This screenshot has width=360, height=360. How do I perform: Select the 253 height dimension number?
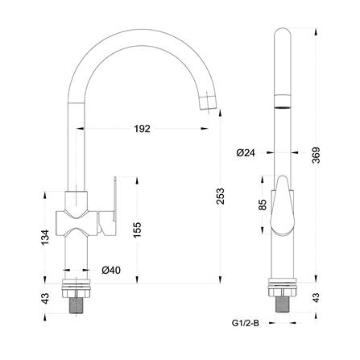tap(221, 195)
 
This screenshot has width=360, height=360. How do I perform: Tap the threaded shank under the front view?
tap(78, 302)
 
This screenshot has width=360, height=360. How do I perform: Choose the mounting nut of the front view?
tap(78, 284)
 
